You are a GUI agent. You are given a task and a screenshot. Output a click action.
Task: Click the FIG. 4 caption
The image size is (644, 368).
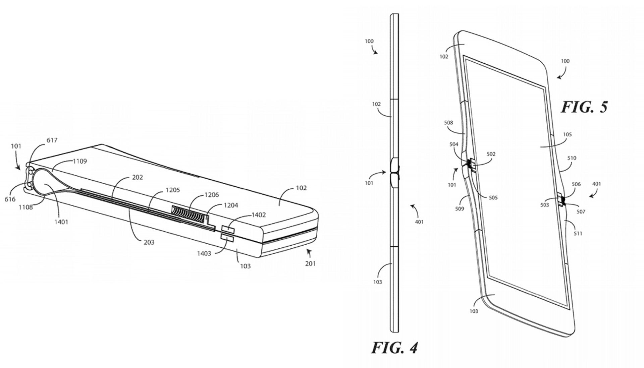pyautogui.click(x=394, y=348)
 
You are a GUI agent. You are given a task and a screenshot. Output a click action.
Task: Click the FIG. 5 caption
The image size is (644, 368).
pyautogui.click(x=585, y=107)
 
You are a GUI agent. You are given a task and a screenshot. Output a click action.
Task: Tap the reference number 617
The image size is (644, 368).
pyautogui.click(x=52, y=140)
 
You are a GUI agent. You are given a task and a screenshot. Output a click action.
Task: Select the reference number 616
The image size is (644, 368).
pyautogui.click(x=10, y=199)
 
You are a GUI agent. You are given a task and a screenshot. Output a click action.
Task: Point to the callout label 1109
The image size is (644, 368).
pyautogui.click(x=80, y=161)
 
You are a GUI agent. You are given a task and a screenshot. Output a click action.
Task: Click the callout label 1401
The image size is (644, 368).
pyautogui.click(x=61, y=222)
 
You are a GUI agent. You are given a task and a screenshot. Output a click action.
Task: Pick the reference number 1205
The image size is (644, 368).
pyautogui.click(x=173, y=190)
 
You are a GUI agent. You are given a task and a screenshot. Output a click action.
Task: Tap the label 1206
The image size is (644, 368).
pyautogui.click(x=212, y=195)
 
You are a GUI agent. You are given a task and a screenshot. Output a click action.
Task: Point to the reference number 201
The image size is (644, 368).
pyautogui.click(x=310, y=263)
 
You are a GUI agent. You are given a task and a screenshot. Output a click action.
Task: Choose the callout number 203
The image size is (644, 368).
pyautogui.click(x=149, y=242)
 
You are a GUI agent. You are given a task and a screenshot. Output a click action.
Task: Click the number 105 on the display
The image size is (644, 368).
pyautogui.click(x=567, y=134)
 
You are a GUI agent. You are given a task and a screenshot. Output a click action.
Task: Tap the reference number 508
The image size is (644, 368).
pyautogui.click(x=448, y=123)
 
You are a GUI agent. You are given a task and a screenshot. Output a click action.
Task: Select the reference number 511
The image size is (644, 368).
pyautogui.click(x=578, y=233)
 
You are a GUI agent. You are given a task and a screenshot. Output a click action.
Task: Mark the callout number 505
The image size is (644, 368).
pyautogui.click(x=493, y=198)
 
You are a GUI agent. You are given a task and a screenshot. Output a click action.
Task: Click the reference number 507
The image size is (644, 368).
pyautogui.click(x=581, y=211)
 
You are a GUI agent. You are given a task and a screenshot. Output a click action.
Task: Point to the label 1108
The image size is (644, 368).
pyautogui.click(x=25, y=207)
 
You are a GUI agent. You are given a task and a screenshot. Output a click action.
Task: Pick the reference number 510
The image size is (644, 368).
pyautogui.click(x=572, y=158)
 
